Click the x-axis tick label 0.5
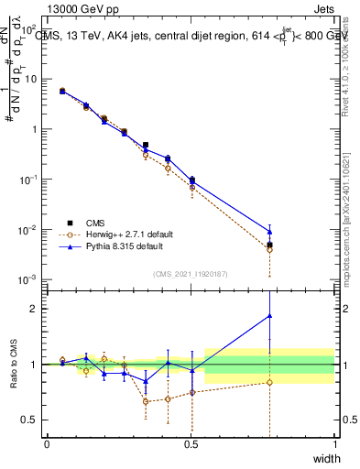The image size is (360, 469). [x=191, y=444]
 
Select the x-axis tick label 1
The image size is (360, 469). [x=335, y=444]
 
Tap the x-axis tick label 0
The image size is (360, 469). [x=47, y=444]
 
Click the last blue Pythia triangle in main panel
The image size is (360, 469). [x=269, y=232]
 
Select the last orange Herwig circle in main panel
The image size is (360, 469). [x=269, y=249]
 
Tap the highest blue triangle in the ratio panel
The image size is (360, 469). [x=269, y=316]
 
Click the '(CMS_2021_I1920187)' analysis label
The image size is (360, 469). [x=191, y=273]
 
